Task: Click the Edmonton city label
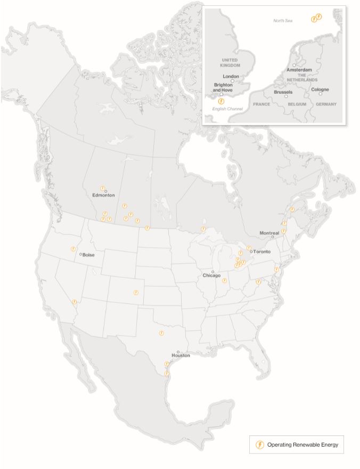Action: click(103, 195)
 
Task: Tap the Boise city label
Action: click(88, 255)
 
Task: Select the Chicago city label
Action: click(211, 276)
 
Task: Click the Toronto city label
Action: click(262, 252)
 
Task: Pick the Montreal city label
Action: click(269, 233)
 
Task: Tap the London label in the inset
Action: click(231, 76)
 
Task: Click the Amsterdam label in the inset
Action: click(299, 70)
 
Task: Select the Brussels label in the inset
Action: click(283, 92)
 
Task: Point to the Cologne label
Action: click(320, 90)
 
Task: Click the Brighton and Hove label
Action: click(223, 87)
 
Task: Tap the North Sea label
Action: click(283, 20)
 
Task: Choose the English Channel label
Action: click(227, 109)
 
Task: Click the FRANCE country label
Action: click(261, 104)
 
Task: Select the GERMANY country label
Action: click(326, 104)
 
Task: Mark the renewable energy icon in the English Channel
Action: click(222, 100)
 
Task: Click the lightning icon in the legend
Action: click(260, 444)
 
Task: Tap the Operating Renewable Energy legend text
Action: click(302, 444)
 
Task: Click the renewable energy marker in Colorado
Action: click(136, 292)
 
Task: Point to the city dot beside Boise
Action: click(80, 254)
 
